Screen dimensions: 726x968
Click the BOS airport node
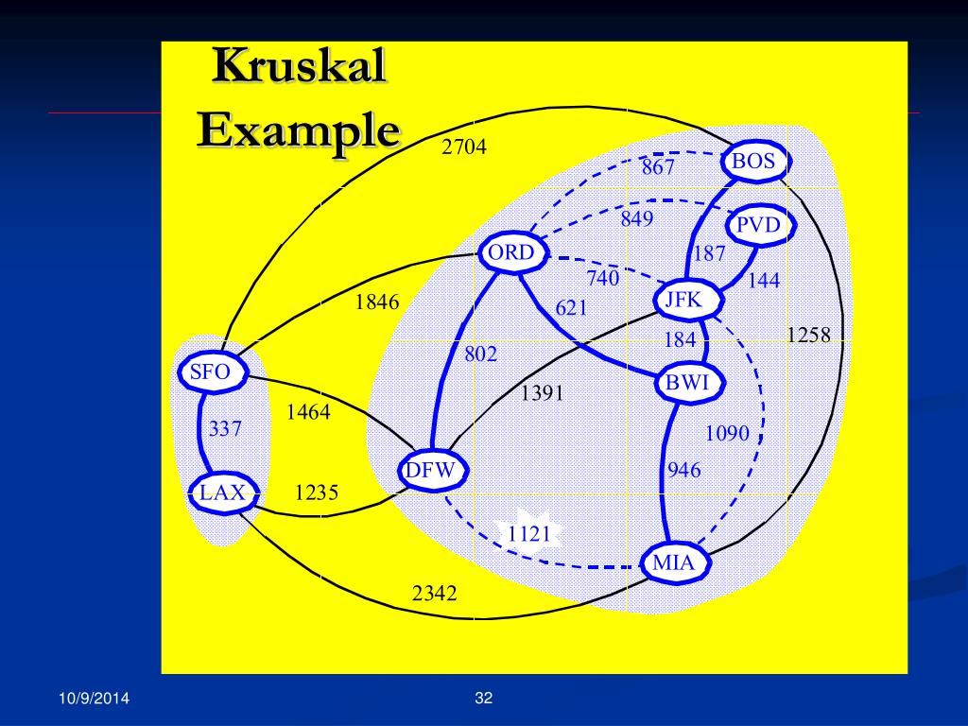click(x=753, y=162)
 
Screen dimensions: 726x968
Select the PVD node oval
click(x=758, y=225)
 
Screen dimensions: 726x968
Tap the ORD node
click(x=510, y=253)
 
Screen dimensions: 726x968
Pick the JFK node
click(x=683, y=301)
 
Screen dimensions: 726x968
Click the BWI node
click(x=687, y=383)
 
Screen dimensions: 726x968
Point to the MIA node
click(x=674, y=564)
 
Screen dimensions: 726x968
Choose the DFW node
click(x=430, y=471)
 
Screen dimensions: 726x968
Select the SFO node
click(x=210, y=372)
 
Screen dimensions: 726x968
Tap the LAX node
click(x=222, y=493)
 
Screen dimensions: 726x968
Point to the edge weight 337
click(x=226, y=429)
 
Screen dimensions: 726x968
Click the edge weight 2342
click(x=435, y=594)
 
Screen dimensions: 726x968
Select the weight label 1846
click(x=377, y=302)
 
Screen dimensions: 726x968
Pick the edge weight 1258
click(x=808, y=334)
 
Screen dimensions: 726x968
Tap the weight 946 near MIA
click(x=684, y=470)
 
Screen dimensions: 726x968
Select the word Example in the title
click(x=298, y=129)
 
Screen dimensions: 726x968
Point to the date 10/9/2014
click(x=94, y=699)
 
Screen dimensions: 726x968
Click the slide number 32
click(x=484, y=699)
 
